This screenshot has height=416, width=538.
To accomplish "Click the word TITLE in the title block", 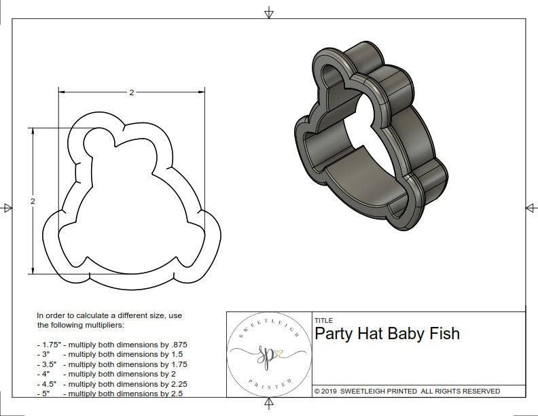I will (323, 320).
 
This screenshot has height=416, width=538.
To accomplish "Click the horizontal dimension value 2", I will (131, 92).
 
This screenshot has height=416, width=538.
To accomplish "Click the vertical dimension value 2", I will (32, 201).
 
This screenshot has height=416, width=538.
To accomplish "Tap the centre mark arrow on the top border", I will (269, 12).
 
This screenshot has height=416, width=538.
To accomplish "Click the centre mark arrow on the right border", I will (531, 207).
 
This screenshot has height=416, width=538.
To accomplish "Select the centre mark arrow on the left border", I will (7, 207).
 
